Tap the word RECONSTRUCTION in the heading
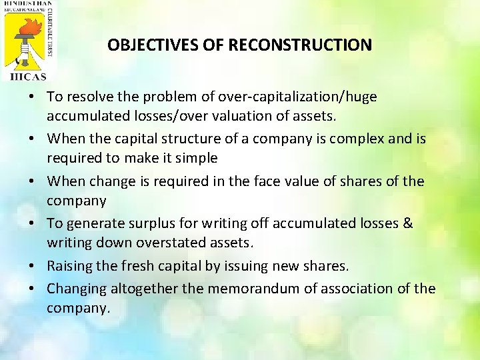pos(300,45)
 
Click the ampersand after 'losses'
pos(408,224)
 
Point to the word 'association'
pos(357,289)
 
